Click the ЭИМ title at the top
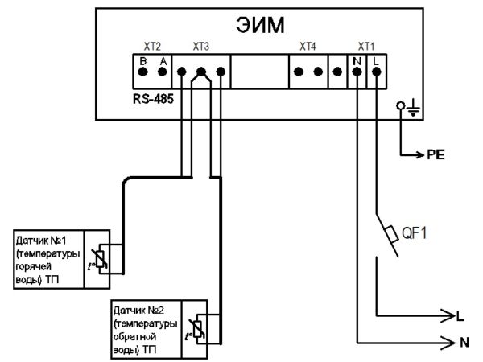point(260,25)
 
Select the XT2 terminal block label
point(152,47)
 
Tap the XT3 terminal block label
point(200,47)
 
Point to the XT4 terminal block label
point(308,47)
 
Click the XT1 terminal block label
point(366,47)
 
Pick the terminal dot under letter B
point(143,72)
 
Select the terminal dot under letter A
point(163,72)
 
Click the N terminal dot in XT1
point(357,72)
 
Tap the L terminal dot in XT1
point(377,72)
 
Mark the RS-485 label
point(153,99)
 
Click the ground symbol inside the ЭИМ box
point(414,109)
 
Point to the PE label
point(436,154)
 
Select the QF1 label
point(415,233)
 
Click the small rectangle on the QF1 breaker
point(391,235)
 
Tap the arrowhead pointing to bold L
point(448,315)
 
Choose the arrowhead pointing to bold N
point(448,343)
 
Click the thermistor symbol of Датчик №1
point(101,259)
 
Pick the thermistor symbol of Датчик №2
point(197,329)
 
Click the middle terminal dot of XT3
point(201,72)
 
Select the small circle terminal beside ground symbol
point(401,106)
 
